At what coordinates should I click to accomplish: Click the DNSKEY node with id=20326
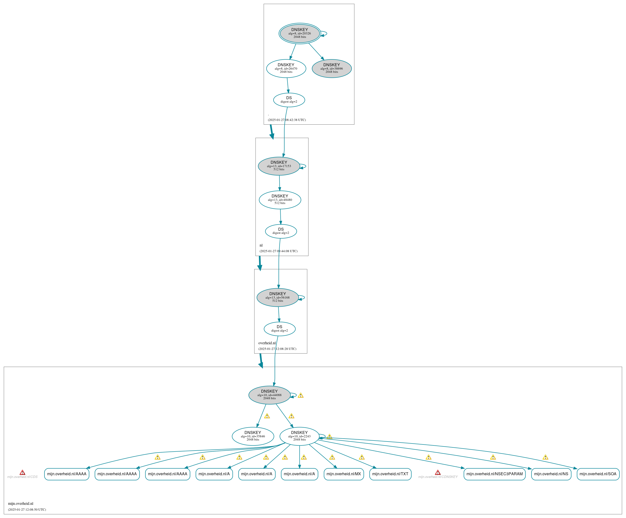point(300,33)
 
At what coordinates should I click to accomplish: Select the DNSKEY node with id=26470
point(286,69)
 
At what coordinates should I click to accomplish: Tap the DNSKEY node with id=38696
point(331,69)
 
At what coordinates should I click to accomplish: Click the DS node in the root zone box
point(289,100)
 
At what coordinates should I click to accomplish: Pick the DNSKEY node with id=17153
point(279,166)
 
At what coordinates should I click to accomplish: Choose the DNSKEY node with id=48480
point(280,200)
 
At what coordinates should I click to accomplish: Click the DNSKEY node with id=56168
point(277,297)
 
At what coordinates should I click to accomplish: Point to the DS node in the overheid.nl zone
point(279,329)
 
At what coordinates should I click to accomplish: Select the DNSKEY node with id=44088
point(269,395)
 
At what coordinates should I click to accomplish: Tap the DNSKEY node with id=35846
point(253,436)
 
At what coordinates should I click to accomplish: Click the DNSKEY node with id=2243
point(299,436)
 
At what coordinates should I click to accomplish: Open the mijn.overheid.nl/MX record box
point(343,474)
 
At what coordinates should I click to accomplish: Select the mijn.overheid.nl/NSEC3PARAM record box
point(494,474)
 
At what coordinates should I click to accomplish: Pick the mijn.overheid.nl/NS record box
point(551,474)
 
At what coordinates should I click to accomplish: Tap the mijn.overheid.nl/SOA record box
point(598,474)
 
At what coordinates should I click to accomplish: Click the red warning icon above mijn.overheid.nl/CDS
point(22,473)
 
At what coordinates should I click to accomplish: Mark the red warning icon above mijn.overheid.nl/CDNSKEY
point(438,473)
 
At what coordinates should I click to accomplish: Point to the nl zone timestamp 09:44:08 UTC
point(278,251)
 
